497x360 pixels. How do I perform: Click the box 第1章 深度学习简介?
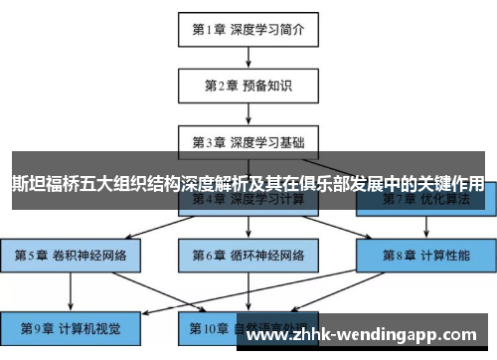tap(248, 29)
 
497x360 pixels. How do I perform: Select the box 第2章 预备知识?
tap(248, 85)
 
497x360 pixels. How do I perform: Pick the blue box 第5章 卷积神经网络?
tap(72, 256)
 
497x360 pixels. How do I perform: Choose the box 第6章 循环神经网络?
tap(248, 256)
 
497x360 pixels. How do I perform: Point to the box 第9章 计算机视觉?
tap(72, 326)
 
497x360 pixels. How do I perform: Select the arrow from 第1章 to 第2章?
tap(248, 57)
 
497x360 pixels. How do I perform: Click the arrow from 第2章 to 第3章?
tap(248, 112)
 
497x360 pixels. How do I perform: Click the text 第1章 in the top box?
tap(208, 29)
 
